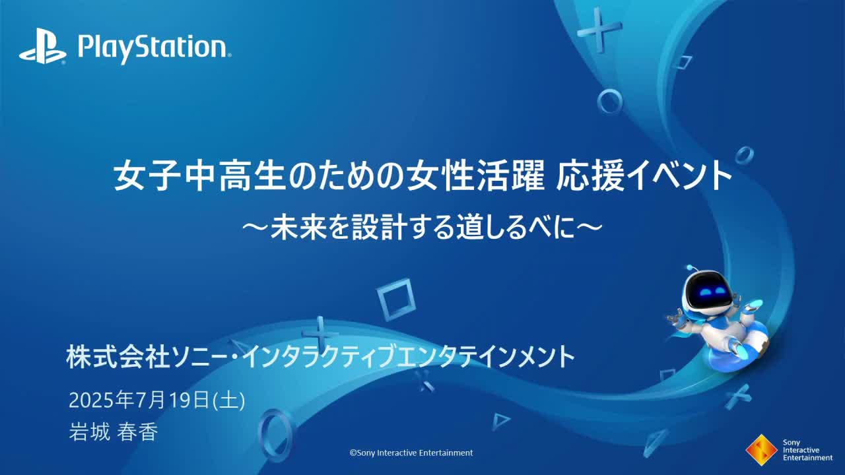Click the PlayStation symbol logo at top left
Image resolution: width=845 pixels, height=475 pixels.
click(43, 46)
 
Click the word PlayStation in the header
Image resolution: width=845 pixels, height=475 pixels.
click(154, 48)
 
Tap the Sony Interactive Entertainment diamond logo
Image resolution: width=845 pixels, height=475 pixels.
click(761, 450)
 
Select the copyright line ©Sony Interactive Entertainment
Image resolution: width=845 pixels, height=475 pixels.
click(411, 453)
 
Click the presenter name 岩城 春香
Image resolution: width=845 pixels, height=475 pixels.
click(113, 431)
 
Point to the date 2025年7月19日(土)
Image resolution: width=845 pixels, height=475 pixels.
click(157, 400)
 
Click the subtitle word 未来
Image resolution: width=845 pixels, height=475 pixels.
click(298, 228)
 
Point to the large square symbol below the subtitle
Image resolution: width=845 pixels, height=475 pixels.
click(395, 300)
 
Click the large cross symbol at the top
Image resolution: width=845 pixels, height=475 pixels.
click(599, 30)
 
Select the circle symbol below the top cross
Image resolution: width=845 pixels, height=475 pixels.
click(609, 102)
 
